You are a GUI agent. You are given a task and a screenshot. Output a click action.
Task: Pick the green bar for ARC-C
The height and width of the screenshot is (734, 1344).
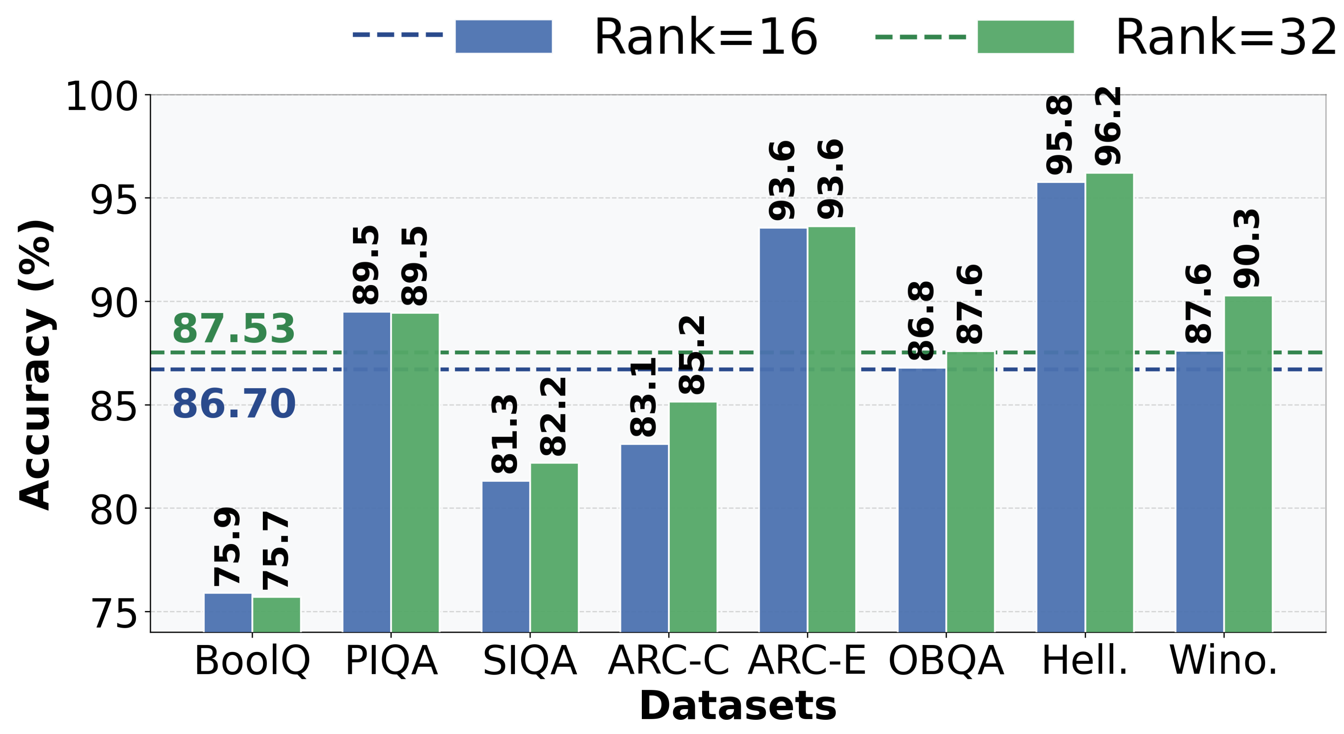[x=693, y=517]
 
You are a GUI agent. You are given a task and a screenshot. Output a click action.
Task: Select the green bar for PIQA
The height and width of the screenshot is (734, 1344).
[x=415, y=472]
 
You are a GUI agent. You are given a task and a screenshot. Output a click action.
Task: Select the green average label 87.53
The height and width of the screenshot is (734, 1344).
[x=234, y=329]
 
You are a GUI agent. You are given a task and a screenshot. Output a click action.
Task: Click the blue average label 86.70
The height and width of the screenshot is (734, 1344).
[x=234, y=404]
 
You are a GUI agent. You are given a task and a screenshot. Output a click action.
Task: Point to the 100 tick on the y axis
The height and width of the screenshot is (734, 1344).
[x=102, y=97]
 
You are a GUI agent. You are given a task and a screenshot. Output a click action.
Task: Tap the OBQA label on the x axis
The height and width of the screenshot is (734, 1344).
[x=946, y=661]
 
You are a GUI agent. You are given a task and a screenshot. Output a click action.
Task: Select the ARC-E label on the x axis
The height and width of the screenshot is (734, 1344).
[x=807, y=661]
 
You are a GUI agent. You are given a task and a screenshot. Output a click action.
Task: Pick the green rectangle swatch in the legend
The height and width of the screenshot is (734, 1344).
[x=1025, y=37]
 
